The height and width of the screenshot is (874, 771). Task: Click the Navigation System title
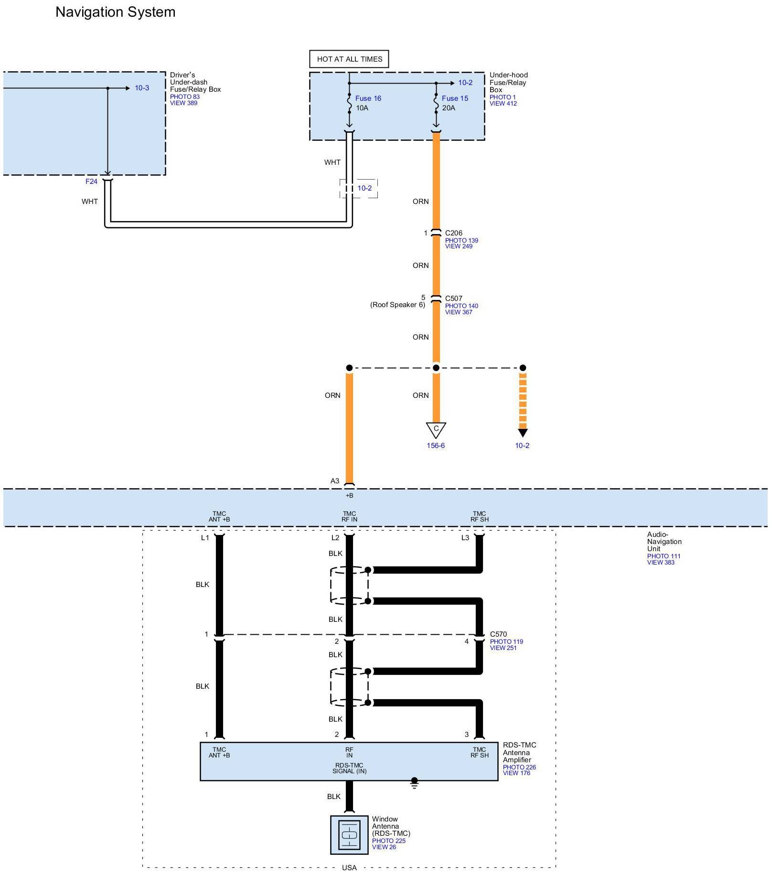coord(115,12)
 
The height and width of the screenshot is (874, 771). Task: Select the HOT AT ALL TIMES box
coord(349,59)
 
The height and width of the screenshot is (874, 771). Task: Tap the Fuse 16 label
coord(368,98)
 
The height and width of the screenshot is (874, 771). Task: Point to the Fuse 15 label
coord(455,98)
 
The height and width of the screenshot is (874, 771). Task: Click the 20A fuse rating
coord(449,108)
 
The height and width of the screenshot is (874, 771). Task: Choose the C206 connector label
coord(453,233)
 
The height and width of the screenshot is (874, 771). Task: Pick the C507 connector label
coord(453,298)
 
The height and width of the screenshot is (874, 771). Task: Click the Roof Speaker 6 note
coord(397,305)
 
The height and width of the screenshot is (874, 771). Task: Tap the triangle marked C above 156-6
coord(436,429)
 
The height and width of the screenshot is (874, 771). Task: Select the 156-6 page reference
coord(436,446)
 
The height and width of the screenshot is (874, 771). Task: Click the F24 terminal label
coord(91,181)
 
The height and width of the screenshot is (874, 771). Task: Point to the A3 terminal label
coord(335,481)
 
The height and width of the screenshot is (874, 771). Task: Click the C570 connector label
coord(498,634)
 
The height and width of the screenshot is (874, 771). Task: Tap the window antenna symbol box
coord(349,835)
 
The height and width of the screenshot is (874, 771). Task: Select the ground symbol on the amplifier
coord(414,783)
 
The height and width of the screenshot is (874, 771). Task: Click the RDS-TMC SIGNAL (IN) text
coord(349,768)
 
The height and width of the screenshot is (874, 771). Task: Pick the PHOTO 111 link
coord(664,556)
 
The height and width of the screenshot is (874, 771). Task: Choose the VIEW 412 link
coord(503,103)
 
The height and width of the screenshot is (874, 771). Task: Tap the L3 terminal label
coord(465,538)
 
